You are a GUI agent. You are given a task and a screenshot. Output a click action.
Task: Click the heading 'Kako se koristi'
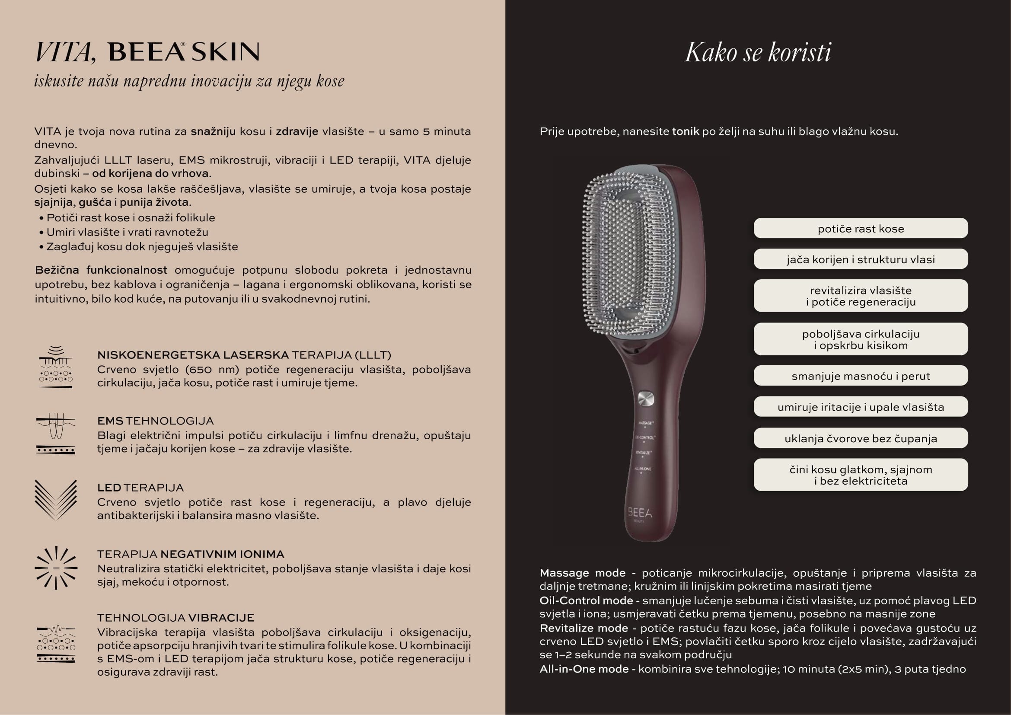point(758,53)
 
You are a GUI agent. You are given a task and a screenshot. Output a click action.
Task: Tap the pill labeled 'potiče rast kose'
point(861,229)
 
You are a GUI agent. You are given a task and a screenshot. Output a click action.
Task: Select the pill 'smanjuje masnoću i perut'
point(861,376)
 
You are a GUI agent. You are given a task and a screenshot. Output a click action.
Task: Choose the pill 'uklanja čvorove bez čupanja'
point(861,438)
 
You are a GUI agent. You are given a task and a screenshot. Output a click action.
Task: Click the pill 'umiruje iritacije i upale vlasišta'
point(861,407)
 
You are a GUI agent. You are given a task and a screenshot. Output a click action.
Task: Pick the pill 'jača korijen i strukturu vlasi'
point(861,259)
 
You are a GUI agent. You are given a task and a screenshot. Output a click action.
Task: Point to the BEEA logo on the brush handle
point(639,513)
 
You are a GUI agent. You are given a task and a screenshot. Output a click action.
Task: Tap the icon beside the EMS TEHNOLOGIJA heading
point(55,434)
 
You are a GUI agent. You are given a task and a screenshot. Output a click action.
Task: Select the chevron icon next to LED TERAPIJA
point(55,500)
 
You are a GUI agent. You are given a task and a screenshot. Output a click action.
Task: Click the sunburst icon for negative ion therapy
point(56,568)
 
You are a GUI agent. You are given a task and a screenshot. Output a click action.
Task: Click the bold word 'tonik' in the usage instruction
point(685,132)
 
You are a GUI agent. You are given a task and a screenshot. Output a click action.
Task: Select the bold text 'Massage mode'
point(582,573)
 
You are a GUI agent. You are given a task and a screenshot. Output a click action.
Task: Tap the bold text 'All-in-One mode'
point(584,669)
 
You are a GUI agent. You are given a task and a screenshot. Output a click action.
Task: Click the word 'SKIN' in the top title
point(226,52)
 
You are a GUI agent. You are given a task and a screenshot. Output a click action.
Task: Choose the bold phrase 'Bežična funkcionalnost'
point(101,270)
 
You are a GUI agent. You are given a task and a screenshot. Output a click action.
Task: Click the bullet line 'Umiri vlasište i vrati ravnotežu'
point(127,232)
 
